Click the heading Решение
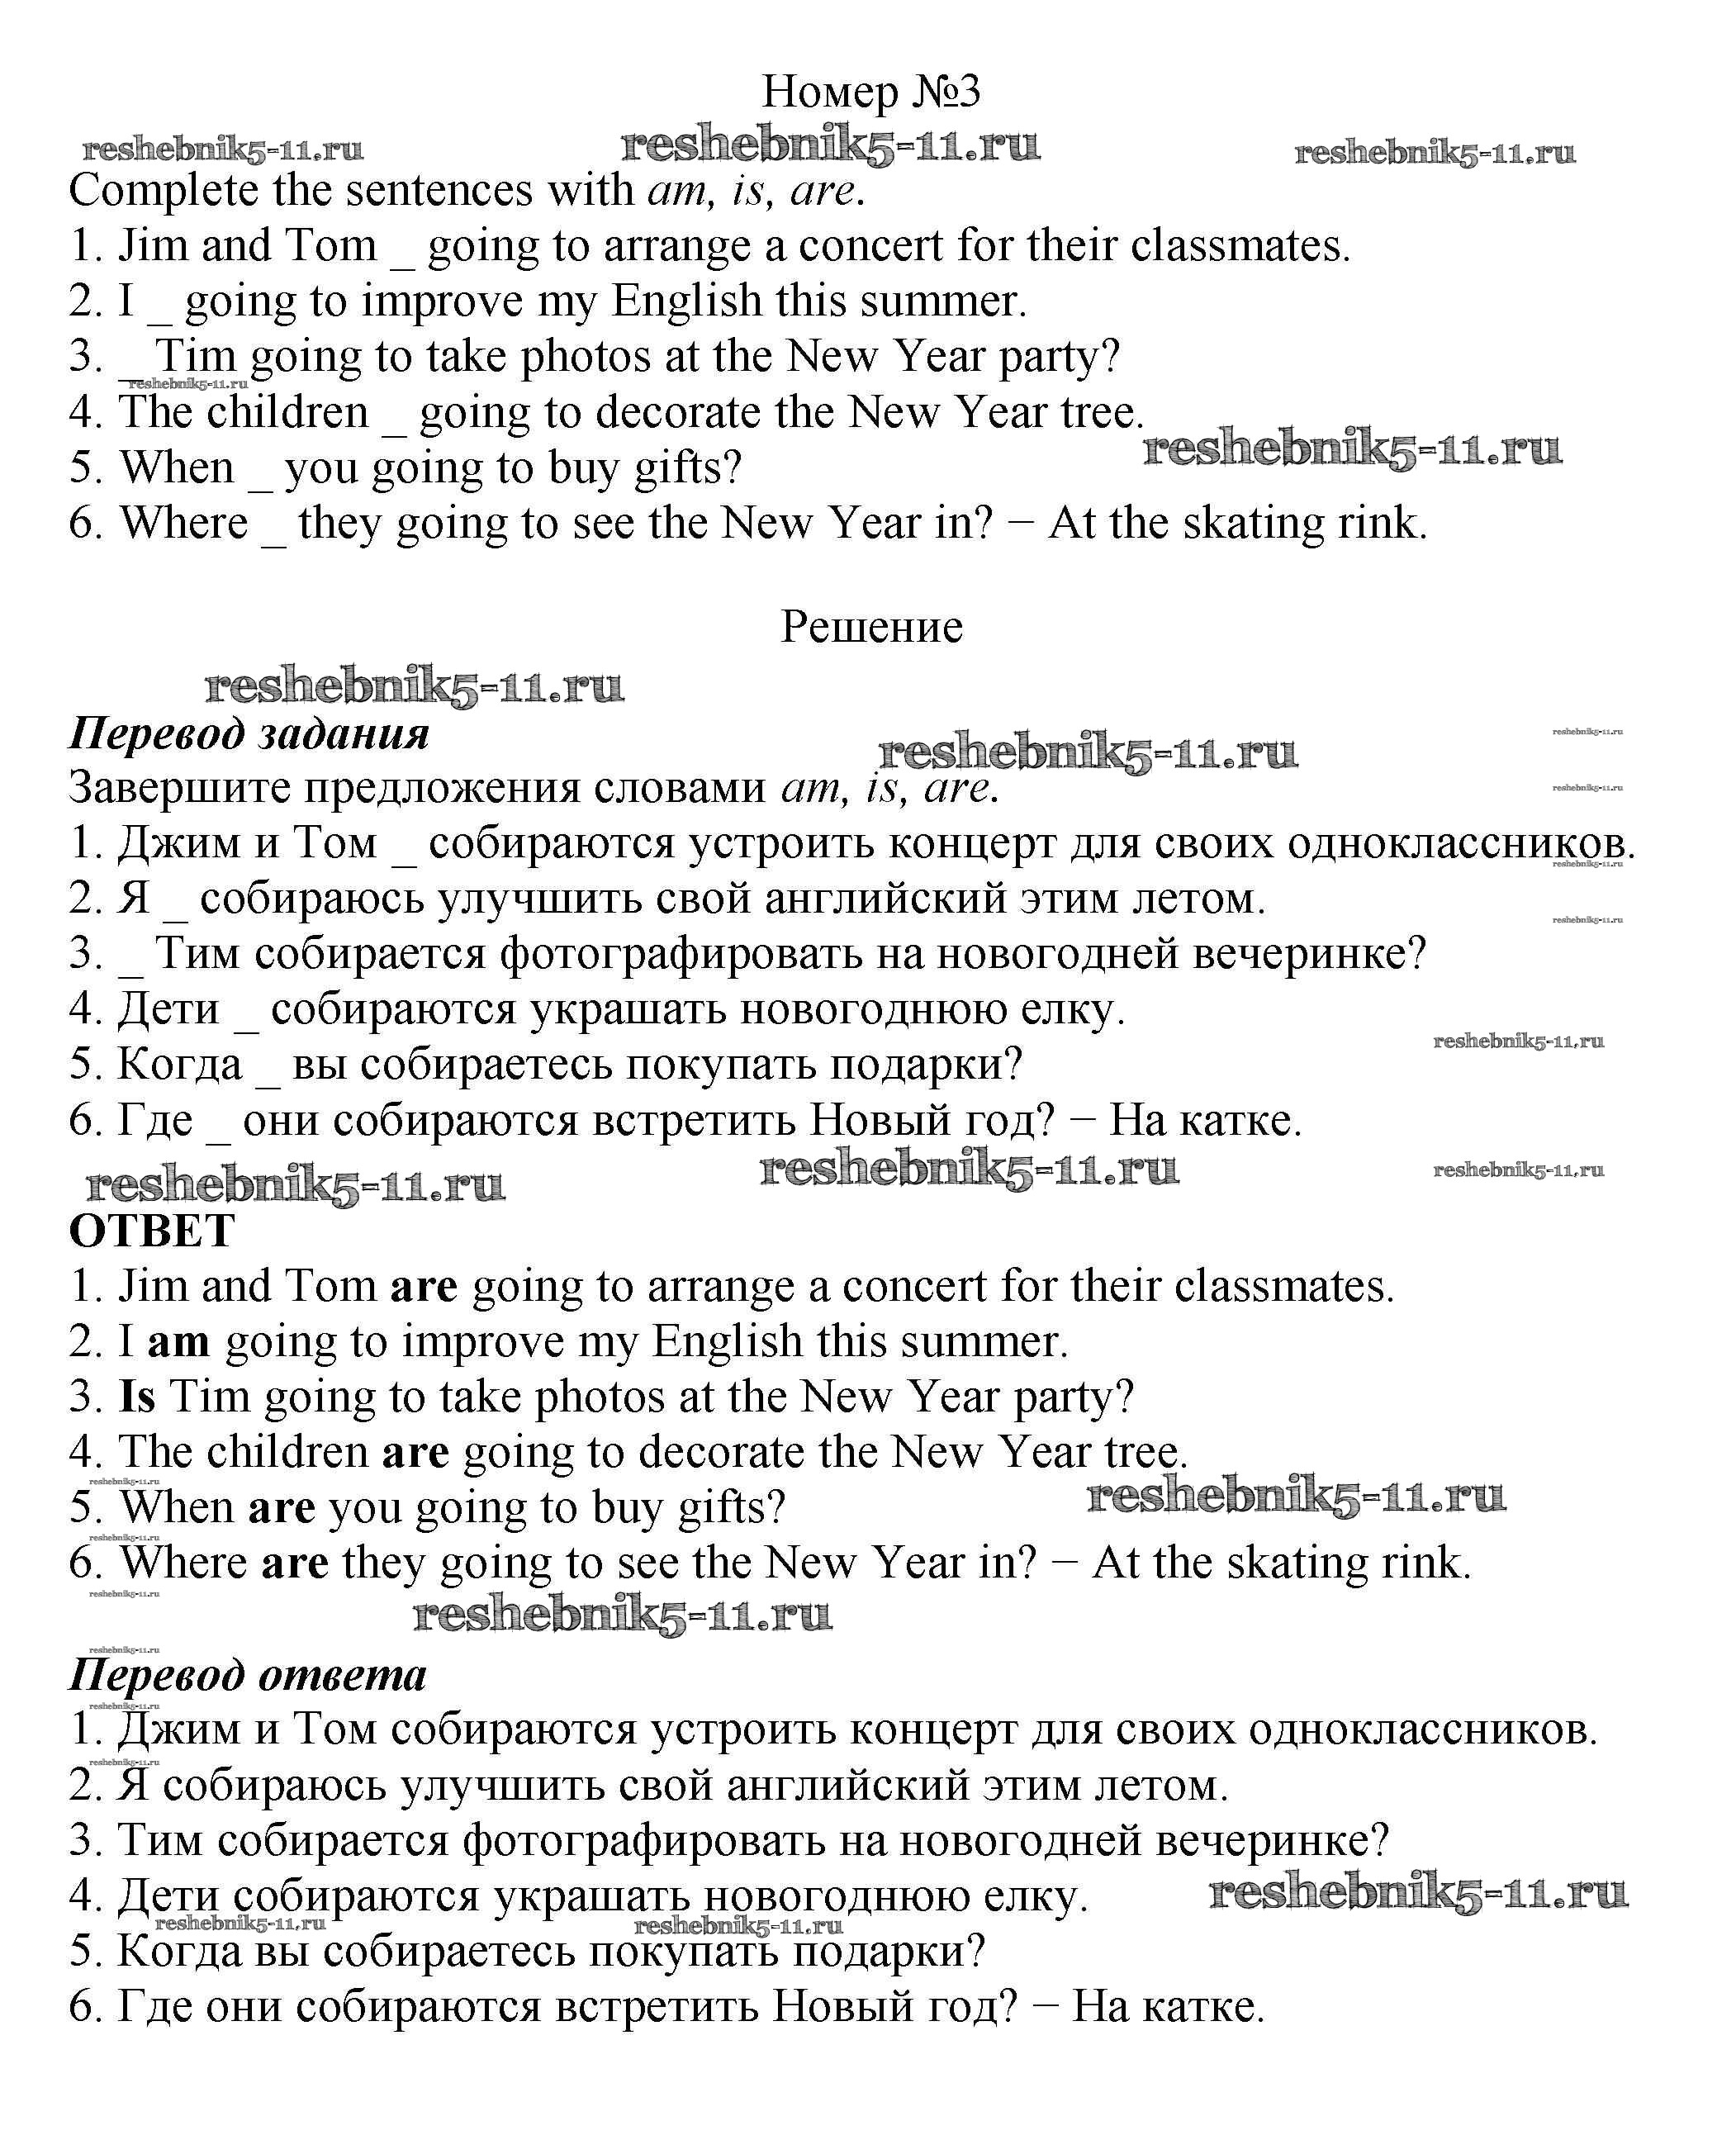[x=871, y=628]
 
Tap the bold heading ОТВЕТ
[x=152, y=1231]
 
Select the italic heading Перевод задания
[x=249, y=733]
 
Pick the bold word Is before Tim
[x=137, y=1397]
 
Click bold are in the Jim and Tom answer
[x=424, y=1287]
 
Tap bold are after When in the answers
[x=282, y=1507]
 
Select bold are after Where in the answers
[x=295, y=1563]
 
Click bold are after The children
[x=415, y=1453]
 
